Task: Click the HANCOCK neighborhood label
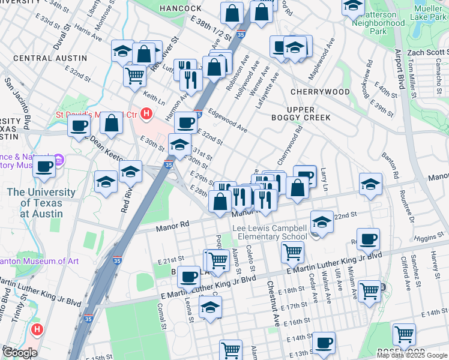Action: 181,8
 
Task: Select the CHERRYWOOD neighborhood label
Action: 319,92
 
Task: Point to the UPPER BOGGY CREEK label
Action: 309,112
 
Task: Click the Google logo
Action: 20,352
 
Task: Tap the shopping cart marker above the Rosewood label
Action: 404,334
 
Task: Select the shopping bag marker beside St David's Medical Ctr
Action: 112,124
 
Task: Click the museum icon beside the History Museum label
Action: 59,160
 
